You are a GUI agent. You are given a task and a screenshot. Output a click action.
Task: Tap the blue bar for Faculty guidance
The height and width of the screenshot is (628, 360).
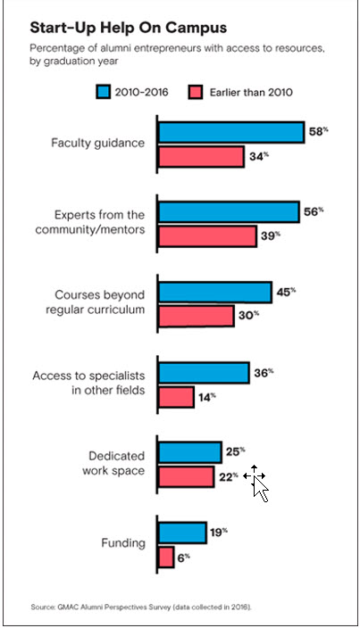(230, 132)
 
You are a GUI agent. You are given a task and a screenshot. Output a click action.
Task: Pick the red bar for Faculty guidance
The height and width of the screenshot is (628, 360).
(200, 158)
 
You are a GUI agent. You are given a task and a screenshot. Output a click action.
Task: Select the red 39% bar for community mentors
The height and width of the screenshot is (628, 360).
(207, 237)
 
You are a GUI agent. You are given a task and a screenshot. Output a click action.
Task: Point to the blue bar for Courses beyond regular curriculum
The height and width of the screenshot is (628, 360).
(214, 293)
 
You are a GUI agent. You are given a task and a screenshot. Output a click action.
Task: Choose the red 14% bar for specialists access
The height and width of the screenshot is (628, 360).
(176, 397)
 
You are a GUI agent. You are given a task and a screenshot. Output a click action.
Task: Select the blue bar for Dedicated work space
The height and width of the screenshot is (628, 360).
(189, 452)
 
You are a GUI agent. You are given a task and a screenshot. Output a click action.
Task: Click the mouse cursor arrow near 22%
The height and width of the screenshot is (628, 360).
(260, 488)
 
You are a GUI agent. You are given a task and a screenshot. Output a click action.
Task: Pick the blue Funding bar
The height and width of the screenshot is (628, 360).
(182, 533)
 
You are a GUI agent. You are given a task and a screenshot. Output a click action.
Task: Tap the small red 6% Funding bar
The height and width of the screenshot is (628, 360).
(166, 558)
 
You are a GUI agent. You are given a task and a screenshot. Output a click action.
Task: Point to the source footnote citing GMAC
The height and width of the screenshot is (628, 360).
(142, 607)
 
